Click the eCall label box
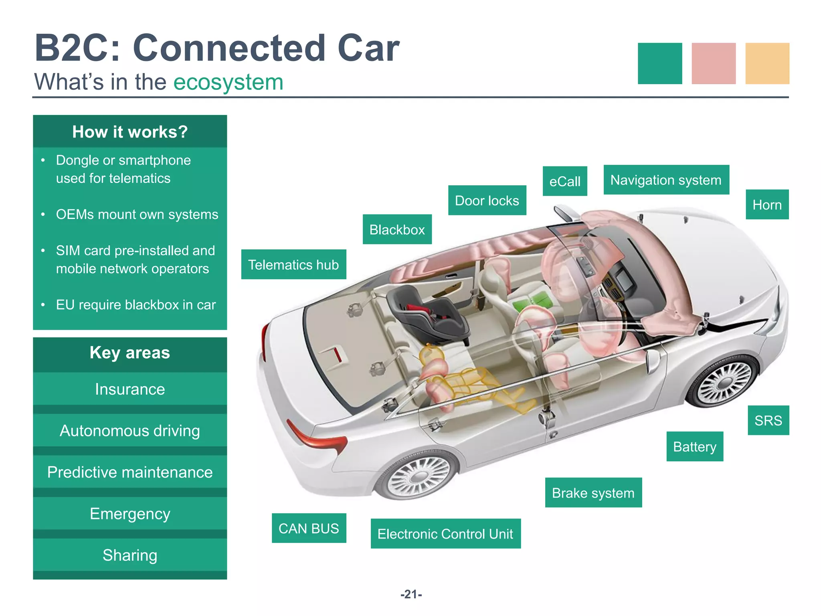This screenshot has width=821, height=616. [x=564, y=181]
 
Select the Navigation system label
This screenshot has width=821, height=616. [x=666, y=180]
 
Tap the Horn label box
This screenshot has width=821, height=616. [x=767, y=205]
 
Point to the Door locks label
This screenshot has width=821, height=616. [x=487, y=201]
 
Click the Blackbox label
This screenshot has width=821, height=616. [x=397, y=229]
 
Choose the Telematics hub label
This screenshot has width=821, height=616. [x=293, y=265]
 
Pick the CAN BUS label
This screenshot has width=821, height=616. [x=309, y=528]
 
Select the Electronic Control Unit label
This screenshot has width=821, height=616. [x=445, y=534]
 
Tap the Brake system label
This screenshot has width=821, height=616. [x=593, y=492]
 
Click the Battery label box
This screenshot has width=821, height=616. [x=695, y=446]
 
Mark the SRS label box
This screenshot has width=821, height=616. [x=768, y=420]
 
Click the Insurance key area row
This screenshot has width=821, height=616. [x=130, y=389]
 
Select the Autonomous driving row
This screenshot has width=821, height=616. [x=130, y=431]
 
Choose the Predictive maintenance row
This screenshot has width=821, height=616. [x=130, y=472]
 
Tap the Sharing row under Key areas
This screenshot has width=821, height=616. [x=130, y=555]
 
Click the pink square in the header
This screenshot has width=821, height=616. [x=714, y=63]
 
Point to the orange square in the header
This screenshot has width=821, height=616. [x=767, y=63]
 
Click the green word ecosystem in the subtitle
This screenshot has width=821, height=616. [x=228, y=82]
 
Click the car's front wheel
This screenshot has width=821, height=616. [x=724, y=381]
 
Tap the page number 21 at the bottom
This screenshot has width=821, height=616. [x=411, y=594]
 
